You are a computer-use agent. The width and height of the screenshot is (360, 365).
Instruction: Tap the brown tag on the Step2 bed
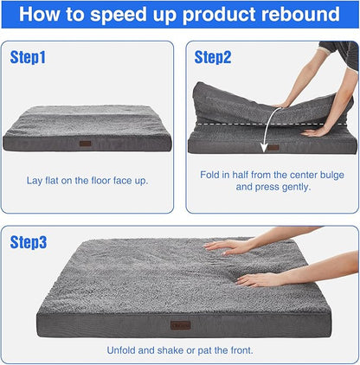coord(273,147)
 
